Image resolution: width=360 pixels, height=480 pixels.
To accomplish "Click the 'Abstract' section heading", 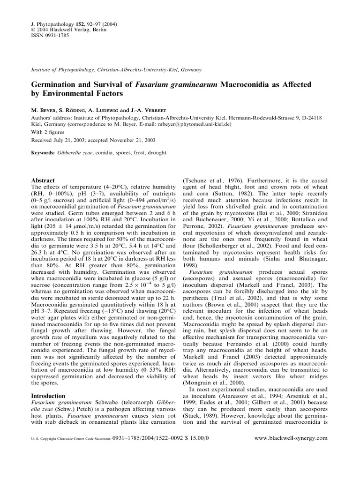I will point(43,180).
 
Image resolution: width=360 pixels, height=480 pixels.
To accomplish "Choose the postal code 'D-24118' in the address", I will point(309,118).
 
